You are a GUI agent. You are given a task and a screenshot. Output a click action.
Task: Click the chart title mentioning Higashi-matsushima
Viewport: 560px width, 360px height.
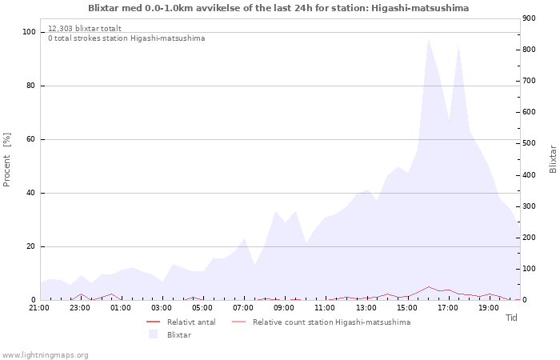click(x=278, y=8)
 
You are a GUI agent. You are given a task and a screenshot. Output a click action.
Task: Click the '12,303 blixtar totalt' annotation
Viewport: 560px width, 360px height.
click(x=85, y=28)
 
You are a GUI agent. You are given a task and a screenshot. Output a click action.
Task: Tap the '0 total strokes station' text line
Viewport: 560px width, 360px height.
click(x=126, y=38)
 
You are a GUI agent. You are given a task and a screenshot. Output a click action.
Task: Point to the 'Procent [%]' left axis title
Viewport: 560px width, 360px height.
click(x=7, y=160)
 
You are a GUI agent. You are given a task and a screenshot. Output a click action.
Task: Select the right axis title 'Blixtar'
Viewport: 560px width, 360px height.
click(x=553, y=158)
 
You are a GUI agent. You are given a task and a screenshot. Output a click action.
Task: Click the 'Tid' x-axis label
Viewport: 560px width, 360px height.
click(x=511, y=318)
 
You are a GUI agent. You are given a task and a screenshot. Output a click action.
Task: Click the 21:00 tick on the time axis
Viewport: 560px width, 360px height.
click(x=39, y=307)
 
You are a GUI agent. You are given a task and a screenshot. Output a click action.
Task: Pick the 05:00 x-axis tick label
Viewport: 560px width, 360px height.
click(x=202, y=307)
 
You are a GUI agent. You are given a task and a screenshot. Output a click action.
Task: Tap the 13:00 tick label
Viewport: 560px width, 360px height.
click(x=366, y=307)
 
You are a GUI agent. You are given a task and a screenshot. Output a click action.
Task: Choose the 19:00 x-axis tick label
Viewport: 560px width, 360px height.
click(x=488, y=307)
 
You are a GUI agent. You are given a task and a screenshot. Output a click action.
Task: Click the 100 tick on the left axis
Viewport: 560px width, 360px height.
click(x=29, y=32)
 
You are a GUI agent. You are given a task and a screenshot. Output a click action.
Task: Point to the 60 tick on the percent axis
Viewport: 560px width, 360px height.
click(x=31, y=139)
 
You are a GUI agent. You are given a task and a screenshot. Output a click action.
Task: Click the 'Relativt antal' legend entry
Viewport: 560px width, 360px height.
click(x=190, y=322)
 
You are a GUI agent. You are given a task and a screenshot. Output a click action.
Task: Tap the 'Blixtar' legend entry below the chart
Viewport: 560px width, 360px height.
click(x=178, y=335)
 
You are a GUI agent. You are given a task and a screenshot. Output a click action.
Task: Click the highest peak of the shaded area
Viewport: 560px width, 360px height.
click(x=428, y=38)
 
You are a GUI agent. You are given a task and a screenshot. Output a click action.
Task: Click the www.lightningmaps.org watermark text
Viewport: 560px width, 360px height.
click(x=46, y=354)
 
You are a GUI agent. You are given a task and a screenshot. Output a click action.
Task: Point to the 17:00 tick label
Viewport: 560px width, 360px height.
click(x=447, y=307)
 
